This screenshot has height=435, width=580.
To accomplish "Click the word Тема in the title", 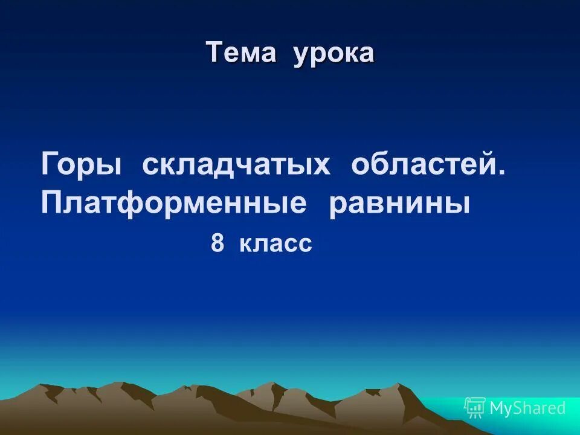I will point(241,53).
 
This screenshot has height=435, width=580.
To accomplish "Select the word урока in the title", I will point(334,54).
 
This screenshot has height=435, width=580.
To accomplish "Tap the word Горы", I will point(82,166).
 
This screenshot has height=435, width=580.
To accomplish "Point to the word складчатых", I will point(236,166).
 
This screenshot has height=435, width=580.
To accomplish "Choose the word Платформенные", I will point(174,204).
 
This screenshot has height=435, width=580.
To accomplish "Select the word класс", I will point(275,243).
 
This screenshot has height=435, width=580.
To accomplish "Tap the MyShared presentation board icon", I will point(474,408).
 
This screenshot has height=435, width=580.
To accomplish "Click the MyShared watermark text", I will point(527,408).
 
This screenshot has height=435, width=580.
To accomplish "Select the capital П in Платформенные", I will point(52,204).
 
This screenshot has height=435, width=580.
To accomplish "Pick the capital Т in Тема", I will point(213,53).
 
